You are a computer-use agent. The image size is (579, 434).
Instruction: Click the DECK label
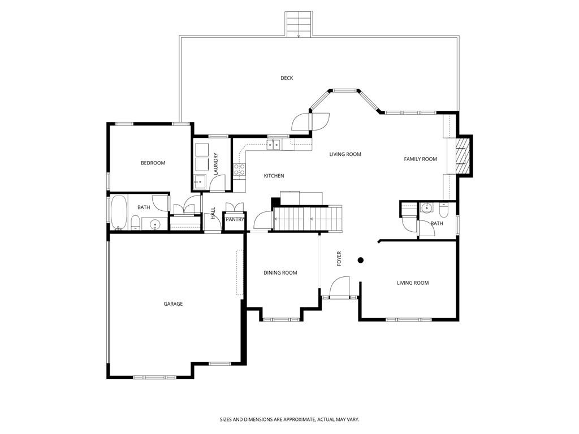(287, 78)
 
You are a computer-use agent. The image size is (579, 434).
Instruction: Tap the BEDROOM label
(153, 163)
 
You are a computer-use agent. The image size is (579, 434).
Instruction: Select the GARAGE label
(173, 304)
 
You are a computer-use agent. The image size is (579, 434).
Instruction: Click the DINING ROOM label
(280, 273)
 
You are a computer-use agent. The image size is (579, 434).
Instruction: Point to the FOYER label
(339, 258)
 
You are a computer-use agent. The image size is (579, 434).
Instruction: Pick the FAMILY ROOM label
(420, 159)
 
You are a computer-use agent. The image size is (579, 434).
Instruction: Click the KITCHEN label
(274, 176)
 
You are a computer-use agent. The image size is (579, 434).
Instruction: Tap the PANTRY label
(234, 219)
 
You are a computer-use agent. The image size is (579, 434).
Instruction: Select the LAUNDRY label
(215, 163)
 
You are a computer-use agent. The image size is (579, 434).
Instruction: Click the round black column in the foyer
(360, 261)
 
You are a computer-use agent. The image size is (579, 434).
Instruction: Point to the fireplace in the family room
(463, 156)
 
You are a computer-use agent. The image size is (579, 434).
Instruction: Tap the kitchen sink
(274, 145)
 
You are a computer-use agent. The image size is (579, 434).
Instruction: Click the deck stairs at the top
(298, 24)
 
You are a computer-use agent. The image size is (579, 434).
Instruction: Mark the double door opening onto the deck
(310, 121)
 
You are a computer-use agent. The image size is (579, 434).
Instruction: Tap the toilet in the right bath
(443, 210)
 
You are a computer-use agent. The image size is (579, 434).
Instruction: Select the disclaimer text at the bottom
(289, 419)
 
